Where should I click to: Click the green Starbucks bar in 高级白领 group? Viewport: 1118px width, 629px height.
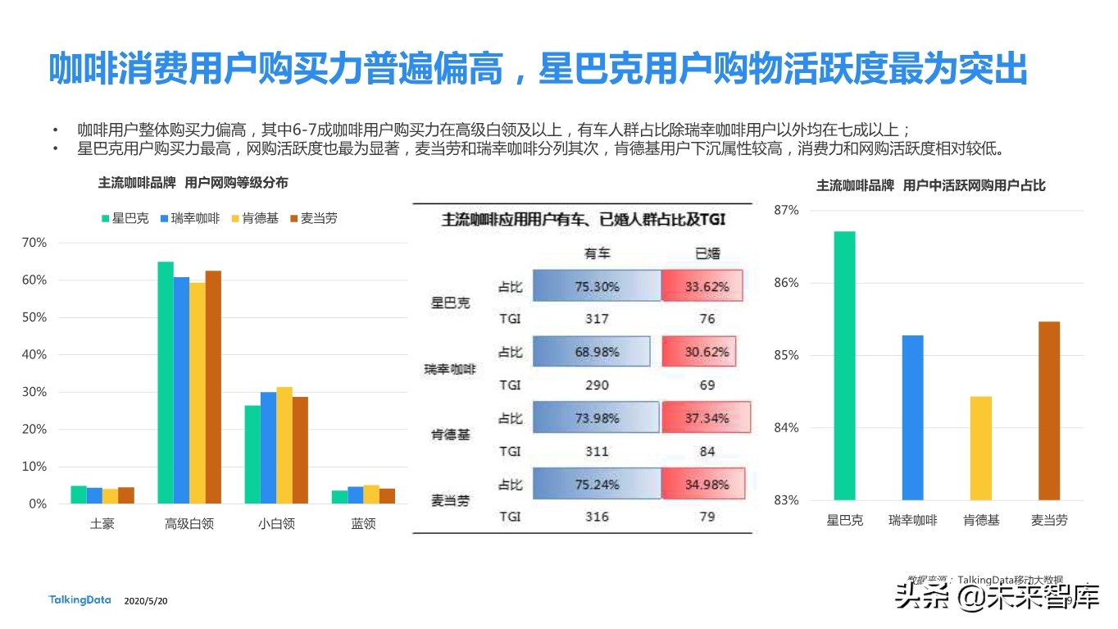(166, 382)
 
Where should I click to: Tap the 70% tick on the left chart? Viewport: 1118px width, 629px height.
(34, 243)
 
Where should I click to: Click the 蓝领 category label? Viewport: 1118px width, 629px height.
(363, 523)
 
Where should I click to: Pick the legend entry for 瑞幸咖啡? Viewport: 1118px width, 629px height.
(190, 218)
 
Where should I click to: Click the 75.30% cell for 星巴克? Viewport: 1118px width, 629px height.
(597, 287)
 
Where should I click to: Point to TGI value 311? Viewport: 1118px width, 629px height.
(597, 451)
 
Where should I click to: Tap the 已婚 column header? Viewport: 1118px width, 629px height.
(707, 253)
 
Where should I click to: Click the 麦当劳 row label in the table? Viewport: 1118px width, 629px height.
(451, 500)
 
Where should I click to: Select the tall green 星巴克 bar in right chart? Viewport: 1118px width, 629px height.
(844, 366)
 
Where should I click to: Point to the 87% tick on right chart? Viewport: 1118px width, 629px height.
(786, 211)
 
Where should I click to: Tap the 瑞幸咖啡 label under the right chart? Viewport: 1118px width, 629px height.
(912, 520)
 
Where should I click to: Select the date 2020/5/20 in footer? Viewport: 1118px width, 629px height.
(146, 601)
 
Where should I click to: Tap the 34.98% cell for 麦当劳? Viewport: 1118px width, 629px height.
(707, 484)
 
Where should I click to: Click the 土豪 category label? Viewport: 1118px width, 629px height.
(102, 523)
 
